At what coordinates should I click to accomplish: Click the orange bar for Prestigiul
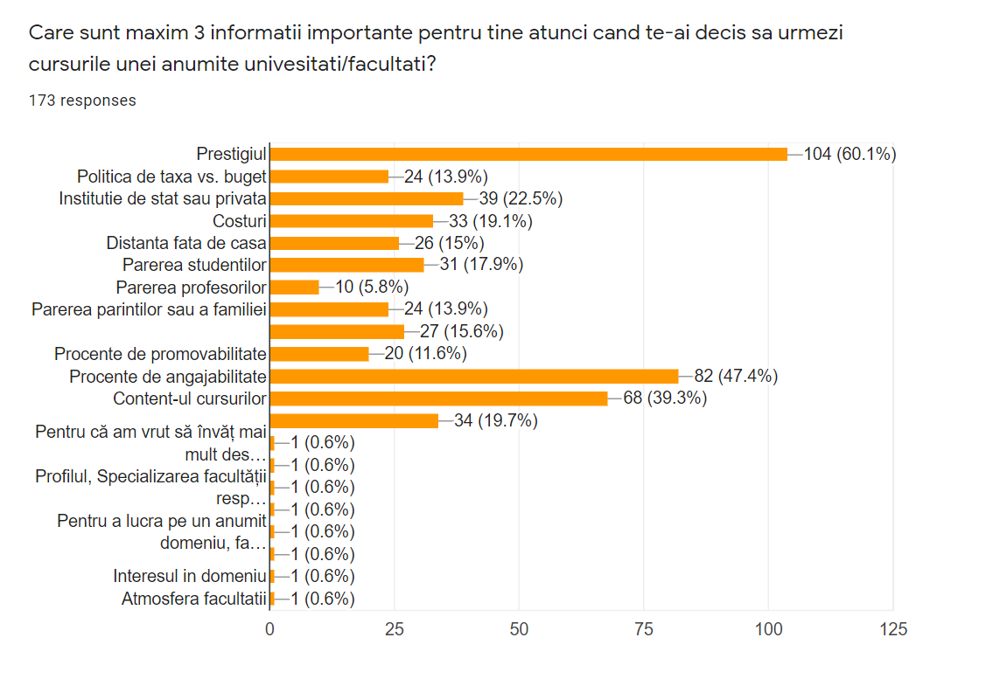pyautogui.click(x=528, y=154)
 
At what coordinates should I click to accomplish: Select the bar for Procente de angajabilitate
pyautogui.click(x=474, y=377)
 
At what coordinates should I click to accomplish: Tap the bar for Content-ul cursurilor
pyautogui.click(x=439, y=398)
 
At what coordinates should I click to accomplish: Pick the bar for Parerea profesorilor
pyautogui.click(x=295, y=287)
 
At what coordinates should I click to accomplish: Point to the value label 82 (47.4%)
pyautogui.click(x=736, y=377)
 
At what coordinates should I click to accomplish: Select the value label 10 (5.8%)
pyautogui.click(x=372, y=287)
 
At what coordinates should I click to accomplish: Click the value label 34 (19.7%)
pyautogui.click(x=495, y=421)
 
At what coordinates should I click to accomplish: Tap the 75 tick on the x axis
pyautogui.click(x=644, y=628)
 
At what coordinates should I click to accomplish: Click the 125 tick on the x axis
pyautogui.click(x=893, y=628)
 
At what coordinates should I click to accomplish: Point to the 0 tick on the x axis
pyautogui.click(x=270, y=628)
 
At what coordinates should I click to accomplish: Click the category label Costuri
pyautogui.click(x=239, y=221)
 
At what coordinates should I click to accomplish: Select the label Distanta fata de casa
pyautogui.click(x=186, y=243)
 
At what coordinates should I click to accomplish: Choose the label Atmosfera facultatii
pyautogui.click(x=193, y=599)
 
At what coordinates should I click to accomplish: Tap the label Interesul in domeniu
pyautogui.click(x=189, y=576)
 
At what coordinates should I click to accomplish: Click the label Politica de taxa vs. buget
pyautogui.click(x=171, y=177)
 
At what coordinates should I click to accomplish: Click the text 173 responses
pyautogui.click(x=82, y=100)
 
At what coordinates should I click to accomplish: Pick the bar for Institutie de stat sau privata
pyautogui.click(x=367, y=198)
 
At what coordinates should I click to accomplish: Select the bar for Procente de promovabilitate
pyautogui.click(x=319, y=354)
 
